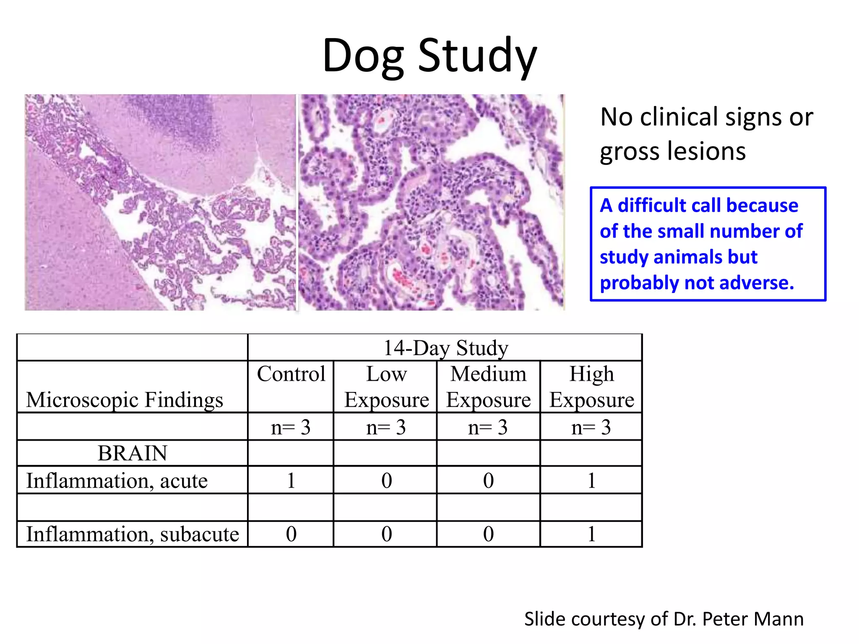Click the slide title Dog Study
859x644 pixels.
coord(429,55)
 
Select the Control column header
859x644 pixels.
coord(291,374)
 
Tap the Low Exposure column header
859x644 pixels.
coord(386,387)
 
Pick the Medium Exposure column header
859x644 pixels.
coord(488,387)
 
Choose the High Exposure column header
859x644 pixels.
coord(591,387)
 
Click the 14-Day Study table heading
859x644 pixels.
coord(445,348)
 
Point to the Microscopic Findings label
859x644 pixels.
coord(125,400)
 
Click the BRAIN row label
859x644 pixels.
coord(133,453)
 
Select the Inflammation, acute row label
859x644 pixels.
coord(117,480)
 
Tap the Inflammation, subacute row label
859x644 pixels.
coord(133,534)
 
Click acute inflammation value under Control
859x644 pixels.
coord(291,480)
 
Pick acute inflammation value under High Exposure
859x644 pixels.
coord(591,480)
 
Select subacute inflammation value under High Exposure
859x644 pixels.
coord(591,534)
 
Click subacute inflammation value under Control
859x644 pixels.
coord(291,534)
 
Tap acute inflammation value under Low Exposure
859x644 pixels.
coord(386,480)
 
